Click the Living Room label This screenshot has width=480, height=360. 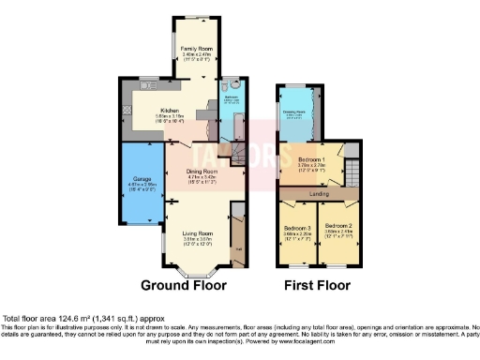[197, 232]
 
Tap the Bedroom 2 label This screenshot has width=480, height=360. [338, 226]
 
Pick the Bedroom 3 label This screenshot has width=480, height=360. [297, 226]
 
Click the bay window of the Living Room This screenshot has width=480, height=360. [197, 271]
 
